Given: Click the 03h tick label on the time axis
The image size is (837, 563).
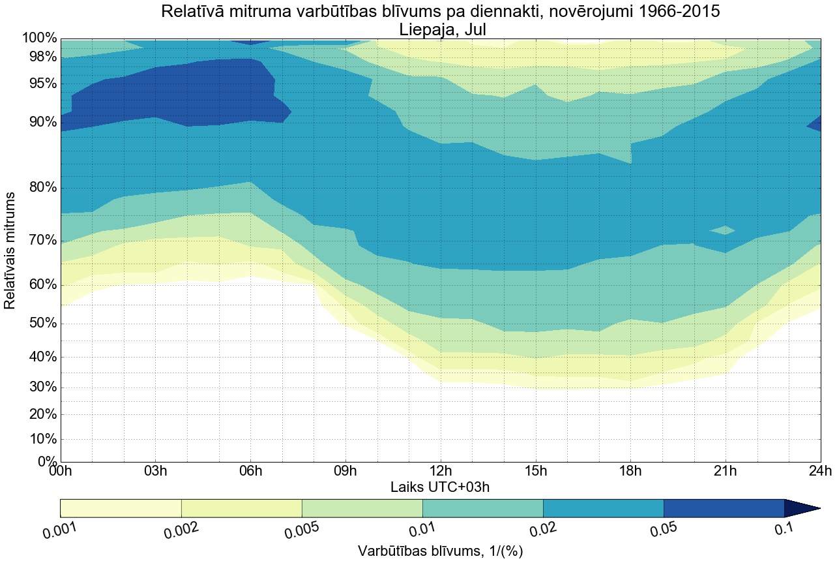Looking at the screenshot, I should pos(155,472).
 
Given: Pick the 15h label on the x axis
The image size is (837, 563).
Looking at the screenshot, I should pos(535,472).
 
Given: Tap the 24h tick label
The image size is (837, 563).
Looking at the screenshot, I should pos(819,472).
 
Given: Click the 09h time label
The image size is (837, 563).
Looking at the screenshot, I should pos(345,472).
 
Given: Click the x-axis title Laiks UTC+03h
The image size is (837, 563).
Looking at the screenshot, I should pos(440,487).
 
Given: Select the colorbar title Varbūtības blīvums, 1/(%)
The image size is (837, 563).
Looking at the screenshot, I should pos(440,551).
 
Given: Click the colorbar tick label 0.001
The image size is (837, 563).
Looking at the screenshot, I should pos(60,530).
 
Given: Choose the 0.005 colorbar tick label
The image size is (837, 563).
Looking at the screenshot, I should pos(301,530).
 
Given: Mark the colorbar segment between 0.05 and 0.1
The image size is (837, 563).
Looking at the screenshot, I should pos(724,508).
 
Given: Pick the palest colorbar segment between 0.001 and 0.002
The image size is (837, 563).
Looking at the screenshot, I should pos(121,508).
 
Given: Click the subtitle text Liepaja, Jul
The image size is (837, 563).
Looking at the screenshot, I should pos(440,29).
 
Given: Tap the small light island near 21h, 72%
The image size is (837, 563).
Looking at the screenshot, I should pos(724,230).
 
